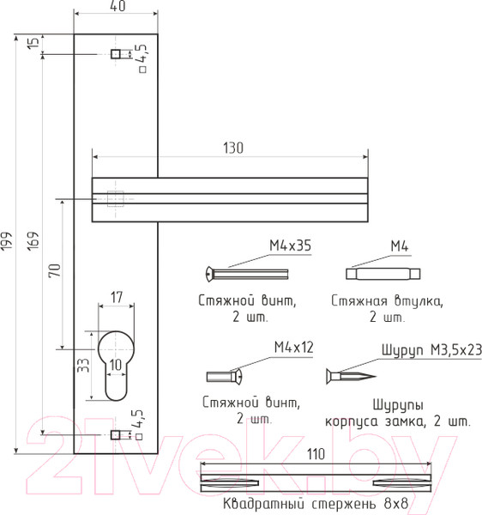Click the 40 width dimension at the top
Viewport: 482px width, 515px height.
(x=117, y=6)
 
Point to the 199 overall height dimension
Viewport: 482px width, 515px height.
(x=6, y=241)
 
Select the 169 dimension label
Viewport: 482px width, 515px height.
(x=33, y=241)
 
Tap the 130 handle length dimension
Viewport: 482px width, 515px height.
(x=233, y=148)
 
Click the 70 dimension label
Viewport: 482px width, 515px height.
(x=55, y=270)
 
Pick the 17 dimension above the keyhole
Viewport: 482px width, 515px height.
(x=117, y=297)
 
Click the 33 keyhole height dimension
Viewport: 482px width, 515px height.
(x=83, y=366)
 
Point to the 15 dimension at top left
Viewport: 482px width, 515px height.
(x=33, y=43)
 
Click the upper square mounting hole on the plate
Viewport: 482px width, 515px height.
(x=116, y=54)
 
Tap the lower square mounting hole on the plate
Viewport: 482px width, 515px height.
(x=115, y=435)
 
